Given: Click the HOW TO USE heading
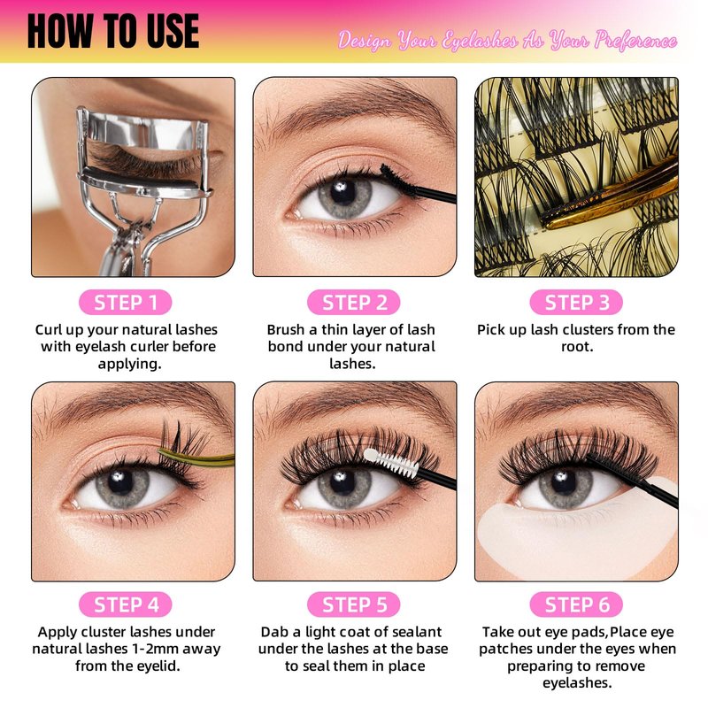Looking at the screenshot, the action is coord(113,31).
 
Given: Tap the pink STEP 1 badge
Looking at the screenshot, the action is coord(125,302).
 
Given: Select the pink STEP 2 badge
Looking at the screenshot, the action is coord(354,302).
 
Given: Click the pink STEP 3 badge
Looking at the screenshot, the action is coord(576,302).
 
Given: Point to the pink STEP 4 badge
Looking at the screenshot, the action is coord(125,604).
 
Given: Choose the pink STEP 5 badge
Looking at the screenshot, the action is coord(354,604).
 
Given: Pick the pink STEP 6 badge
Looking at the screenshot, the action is coord(576,604).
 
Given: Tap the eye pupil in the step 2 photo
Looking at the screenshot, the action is coord(342,191).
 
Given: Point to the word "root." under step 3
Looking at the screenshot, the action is coord(577,347).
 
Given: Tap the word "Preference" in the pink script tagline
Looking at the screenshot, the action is coord(635,41).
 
